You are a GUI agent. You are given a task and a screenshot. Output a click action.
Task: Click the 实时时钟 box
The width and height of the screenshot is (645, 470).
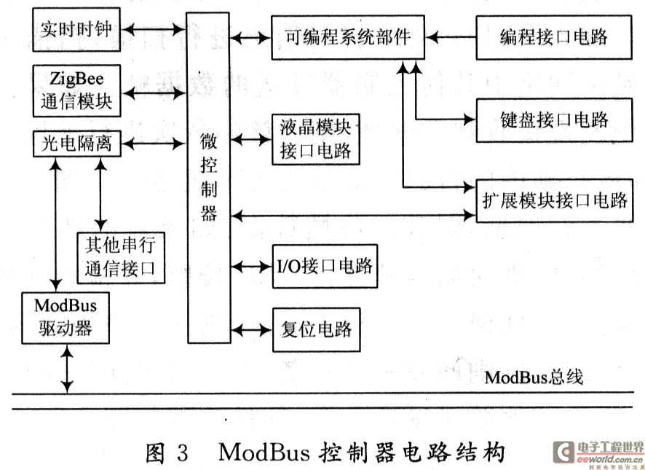click(76, 31)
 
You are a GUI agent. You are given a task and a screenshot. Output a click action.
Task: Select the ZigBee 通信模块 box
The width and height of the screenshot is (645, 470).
click(76, 90)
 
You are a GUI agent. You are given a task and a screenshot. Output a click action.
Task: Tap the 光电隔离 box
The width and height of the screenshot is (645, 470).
click(76, 144)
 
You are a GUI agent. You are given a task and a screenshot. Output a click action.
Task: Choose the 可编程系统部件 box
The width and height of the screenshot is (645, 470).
click(349, 37)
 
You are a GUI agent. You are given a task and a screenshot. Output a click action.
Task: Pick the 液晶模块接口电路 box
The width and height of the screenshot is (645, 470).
click(315, 139)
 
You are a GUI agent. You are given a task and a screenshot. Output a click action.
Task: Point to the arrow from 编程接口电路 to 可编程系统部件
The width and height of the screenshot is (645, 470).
click(451, 35)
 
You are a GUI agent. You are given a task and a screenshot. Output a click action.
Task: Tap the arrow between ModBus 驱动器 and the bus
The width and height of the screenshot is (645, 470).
click(67, 370)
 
